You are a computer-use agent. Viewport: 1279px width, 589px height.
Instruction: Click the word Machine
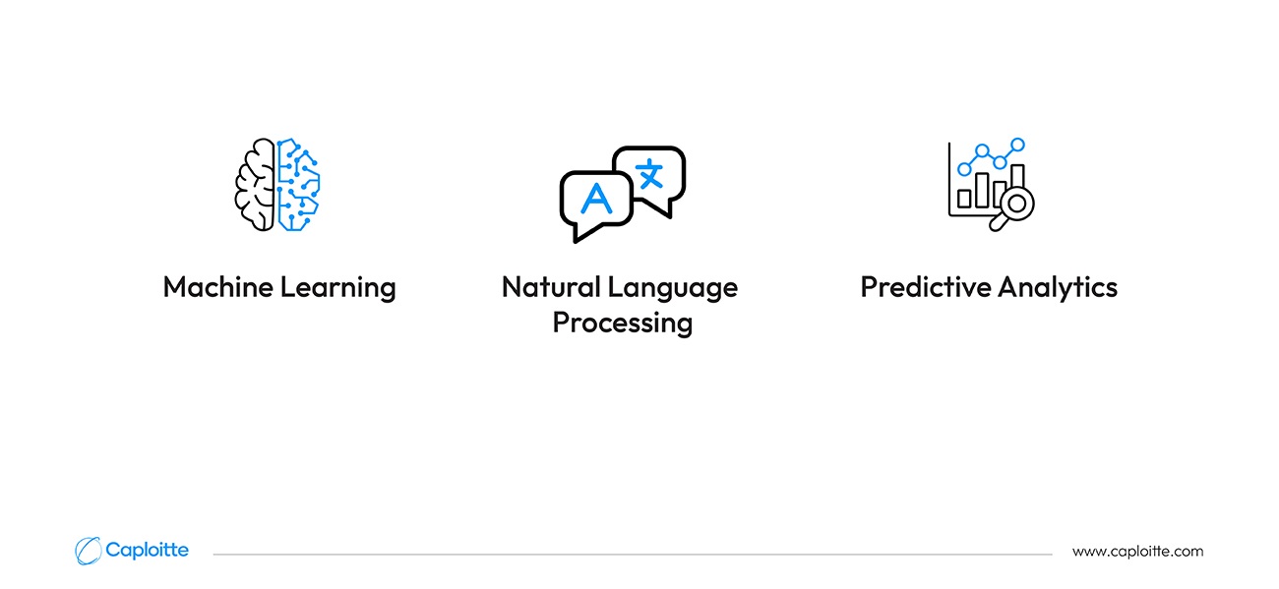218,286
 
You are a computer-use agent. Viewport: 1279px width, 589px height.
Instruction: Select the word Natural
551,286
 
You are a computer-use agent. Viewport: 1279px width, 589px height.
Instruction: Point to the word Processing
623,324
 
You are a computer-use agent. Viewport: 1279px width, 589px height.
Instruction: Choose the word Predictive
926,286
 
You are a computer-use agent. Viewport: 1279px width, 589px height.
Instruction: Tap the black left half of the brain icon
255,184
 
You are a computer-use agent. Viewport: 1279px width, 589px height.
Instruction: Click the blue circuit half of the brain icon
299,184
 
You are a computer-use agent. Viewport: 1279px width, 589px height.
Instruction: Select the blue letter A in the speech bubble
596,198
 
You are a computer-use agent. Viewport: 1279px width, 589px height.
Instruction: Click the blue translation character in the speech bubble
649,173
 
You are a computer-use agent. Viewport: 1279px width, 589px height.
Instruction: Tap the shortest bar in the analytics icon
964,199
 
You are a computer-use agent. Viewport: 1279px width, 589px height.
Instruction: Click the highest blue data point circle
1017,145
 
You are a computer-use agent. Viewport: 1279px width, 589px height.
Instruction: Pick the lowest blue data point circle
964,169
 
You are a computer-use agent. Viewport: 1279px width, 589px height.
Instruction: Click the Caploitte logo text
147,551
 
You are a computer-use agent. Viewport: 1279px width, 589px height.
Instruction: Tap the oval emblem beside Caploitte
88,551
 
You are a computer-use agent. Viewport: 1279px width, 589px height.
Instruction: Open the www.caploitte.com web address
1137,552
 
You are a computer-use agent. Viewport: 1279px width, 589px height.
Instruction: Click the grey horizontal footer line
633,554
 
